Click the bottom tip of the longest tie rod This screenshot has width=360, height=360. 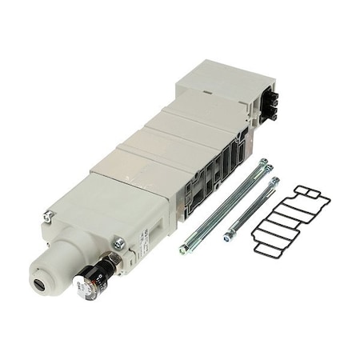pos(184,250)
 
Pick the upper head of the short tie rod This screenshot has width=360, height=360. pos(274,182)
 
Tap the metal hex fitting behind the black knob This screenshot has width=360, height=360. pos(112,261)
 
